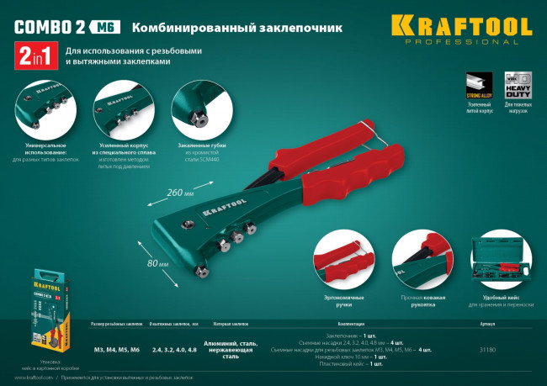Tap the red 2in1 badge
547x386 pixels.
pos(35,57)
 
